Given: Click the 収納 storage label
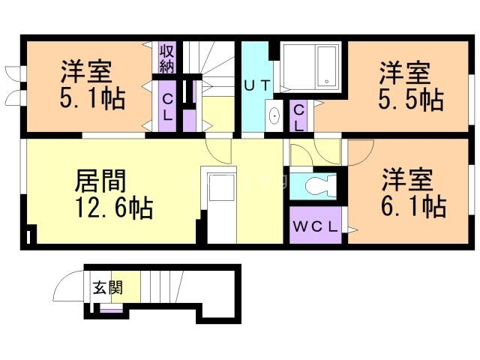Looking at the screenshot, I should pyautogui.click(x=166, y=59).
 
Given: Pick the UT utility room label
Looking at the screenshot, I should pyautogui.click(x=256, y=85).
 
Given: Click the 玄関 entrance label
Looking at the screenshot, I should pyautogui.click(x=104, y=286).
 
